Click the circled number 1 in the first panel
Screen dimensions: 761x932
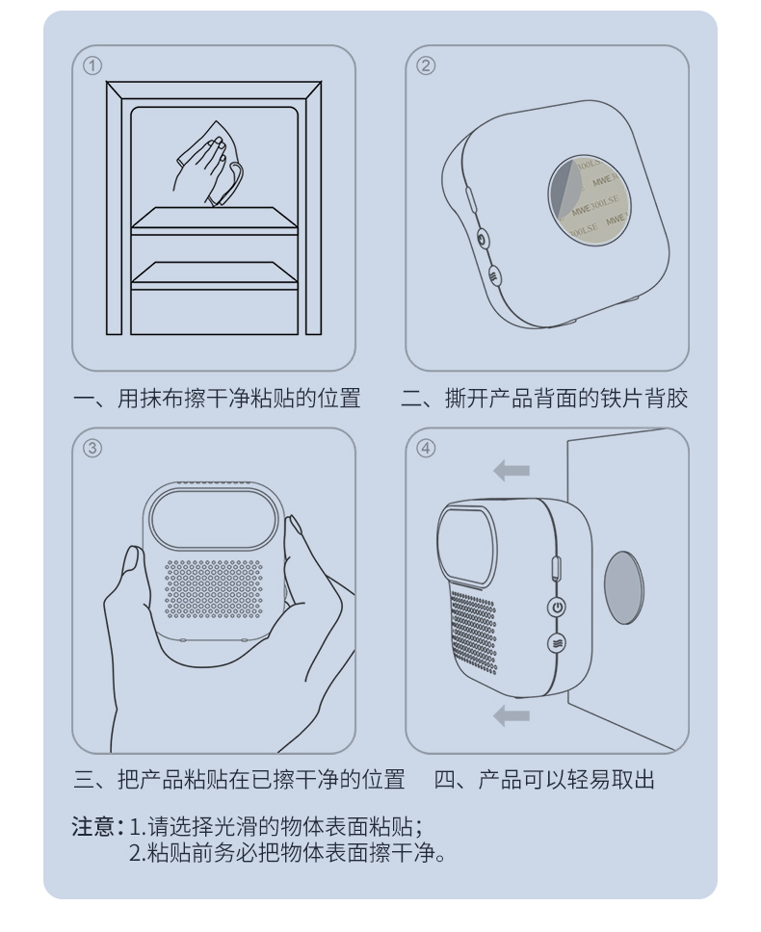(x=92, y=65)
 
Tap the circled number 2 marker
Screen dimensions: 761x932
(x=426, y=65)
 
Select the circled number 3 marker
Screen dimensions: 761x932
(x=92, y=448)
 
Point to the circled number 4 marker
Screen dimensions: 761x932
(x=426, y=448)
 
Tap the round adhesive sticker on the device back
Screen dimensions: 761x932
(x=589, y=196)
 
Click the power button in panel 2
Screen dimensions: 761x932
(x=483, y=240)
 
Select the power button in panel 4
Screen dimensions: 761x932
(x=557, y=608)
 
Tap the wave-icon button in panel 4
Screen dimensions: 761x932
(x=556, y=642)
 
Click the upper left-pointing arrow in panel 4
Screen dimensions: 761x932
(x=512, y=471)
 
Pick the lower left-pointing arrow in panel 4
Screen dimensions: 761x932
(x=512, y=715)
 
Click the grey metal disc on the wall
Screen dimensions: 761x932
(x=623, y=588)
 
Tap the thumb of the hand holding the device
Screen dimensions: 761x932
(x=128, y=574)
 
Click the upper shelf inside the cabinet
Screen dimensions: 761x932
(x=214, y=219)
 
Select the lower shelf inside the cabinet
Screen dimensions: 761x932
(x=214, y=274)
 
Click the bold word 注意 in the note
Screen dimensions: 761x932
(x=93, y=826)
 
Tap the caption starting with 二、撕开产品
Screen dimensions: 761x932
(x=544, y=398)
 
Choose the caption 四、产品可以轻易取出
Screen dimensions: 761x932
(x=544, y=779)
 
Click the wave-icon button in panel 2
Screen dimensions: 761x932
(x=494, y=275)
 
